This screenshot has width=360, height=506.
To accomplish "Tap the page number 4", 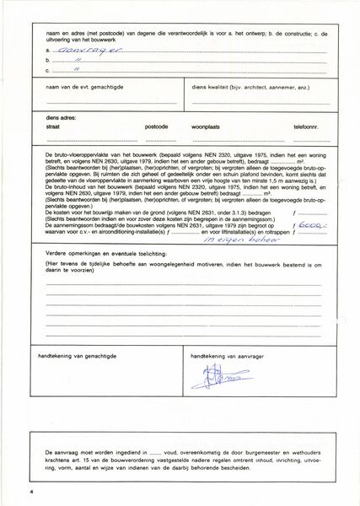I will coord(29,490).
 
